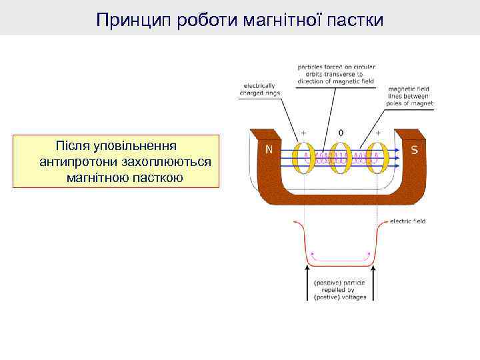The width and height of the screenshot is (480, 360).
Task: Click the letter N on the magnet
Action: pos(269,150)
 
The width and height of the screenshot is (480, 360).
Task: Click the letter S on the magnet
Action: pos(415,150)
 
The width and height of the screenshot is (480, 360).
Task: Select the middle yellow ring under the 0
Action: pos(341,159)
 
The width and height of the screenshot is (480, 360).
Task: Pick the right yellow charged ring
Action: pos(378,159)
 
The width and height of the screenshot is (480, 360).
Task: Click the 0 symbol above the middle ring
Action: pos(341,133)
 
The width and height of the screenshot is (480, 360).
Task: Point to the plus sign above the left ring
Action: pos(304,133)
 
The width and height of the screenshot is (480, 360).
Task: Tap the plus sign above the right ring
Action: pos(379,133)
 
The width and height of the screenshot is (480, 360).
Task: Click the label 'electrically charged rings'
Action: pos(259,89)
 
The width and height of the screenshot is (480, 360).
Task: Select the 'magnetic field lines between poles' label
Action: pos(410,96)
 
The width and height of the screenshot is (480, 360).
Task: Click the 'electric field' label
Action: pos(407,221)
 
